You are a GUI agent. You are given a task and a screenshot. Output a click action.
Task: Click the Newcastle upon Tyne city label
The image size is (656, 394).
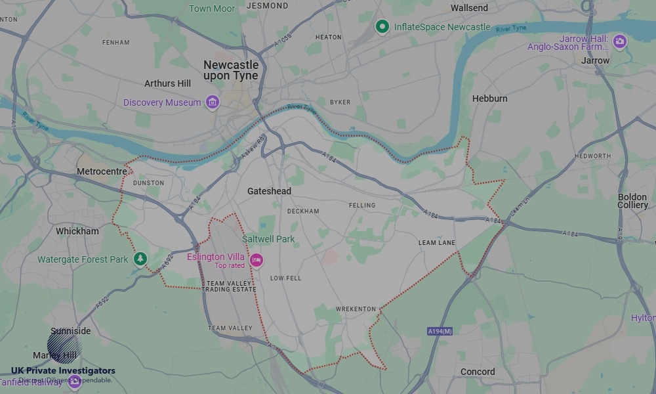tap(231, 70)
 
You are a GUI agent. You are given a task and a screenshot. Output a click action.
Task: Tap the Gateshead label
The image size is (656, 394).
tap(269, 191)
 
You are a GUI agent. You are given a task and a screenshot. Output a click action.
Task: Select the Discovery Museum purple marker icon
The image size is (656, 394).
tap(212, 102)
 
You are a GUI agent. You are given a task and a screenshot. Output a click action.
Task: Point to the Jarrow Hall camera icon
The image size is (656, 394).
tap(619, 43)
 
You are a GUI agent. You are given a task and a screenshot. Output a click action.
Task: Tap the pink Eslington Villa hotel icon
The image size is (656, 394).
tap(256, 261)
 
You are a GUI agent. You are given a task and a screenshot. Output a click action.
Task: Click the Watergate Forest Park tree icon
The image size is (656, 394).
tap(140, 259)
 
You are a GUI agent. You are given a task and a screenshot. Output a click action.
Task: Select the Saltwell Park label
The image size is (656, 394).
tap(268, 239)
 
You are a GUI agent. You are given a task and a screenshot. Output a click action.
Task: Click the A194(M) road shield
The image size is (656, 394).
tap(440, 331)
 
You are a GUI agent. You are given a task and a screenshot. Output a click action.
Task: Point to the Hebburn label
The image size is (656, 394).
tap(489, 98)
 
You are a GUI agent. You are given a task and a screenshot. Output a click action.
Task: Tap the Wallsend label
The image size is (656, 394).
tap(469, 8)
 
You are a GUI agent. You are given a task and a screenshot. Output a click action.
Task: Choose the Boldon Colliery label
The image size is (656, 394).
tap(632, 201)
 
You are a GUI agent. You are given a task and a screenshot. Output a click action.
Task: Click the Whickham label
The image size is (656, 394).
tap(77, 231)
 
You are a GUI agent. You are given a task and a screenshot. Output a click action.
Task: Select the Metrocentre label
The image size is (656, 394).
tap(102, 171)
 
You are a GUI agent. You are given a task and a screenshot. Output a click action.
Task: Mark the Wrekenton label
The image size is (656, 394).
tap(356, 309)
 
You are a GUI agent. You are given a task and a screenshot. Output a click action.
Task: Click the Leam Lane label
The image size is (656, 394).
tap(436, 243)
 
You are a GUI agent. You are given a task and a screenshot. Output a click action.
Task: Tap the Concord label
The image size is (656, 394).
tap(478, 372)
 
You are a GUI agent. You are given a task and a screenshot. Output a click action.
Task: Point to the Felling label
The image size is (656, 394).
tap(362, 206)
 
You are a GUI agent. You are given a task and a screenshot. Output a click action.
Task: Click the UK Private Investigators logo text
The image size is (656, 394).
tap(63, 371)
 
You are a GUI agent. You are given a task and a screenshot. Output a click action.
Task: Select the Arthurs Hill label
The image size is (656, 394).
tap(167, 83)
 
